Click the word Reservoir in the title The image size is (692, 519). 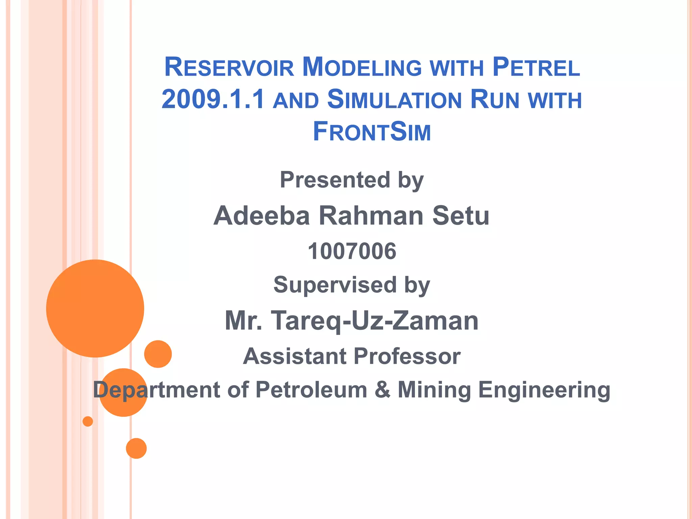[229, 67]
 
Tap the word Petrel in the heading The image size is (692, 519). [536, 67]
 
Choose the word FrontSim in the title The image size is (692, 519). [372, 131]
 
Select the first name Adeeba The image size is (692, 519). [262, 216]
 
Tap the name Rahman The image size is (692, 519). [371, 216]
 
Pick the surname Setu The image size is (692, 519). [461, 216]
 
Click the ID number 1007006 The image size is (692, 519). [352, 251]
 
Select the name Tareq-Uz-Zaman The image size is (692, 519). [375, 321]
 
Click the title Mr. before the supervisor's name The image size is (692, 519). [244, 321]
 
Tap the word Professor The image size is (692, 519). [407, 356]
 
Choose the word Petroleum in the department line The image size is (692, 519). [311, 390]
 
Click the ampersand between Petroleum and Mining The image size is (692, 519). [382, 390]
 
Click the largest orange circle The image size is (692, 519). [95, 308]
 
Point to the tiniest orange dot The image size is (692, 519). [88, 421]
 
